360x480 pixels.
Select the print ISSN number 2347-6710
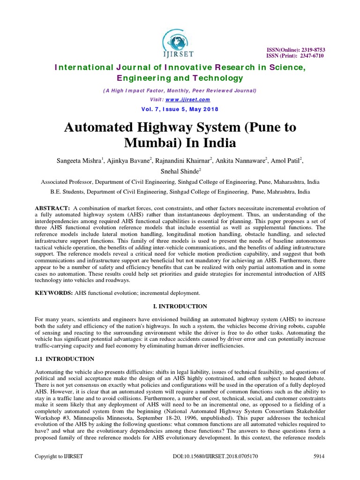point(310,56)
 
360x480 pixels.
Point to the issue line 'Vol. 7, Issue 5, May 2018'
point(180,109)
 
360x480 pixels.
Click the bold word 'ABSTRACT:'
point(52,208)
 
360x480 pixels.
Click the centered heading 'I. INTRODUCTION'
point(180,306)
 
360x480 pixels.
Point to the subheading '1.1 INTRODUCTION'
point(65,359)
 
